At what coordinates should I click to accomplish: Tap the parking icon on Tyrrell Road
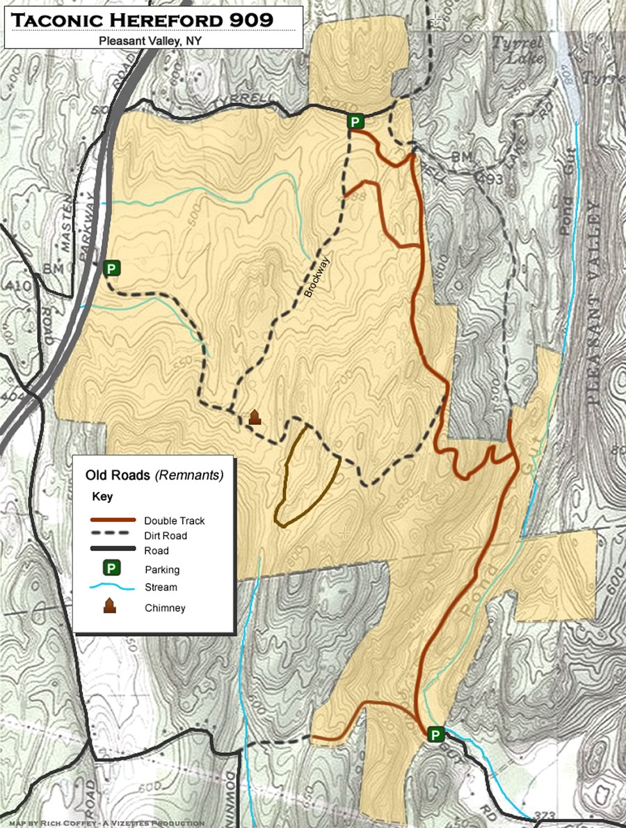pos(355,122)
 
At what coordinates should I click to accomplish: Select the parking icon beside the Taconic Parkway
pos(111,268)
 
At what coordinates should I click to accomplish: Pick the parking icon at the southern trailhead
pos(435,734)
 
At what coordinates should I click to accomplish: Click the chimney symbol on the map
pos(255,417)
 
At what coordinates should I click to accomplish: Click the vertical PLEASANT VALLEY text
pos(593,303)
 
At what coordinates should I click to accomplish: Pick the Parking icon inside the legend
pos(109,568)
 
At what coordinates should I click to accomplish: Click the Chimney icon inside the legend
pos(109,606)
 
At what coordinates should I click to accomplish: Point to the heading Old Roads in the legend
pos(118,476)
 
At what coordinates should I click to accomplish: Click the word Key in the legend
pos(102,497)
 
